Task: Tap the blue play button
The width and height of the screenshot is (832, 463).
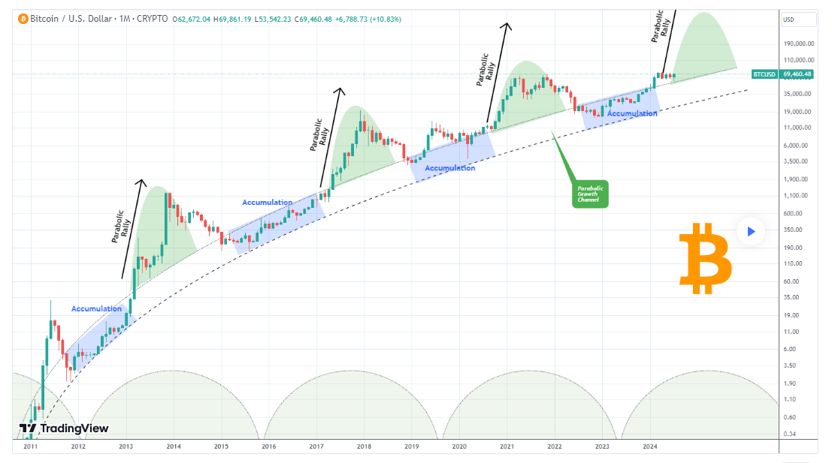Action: tap(750, 232)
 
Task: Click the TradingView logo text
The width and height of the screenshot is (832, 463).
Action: tap(65, 428)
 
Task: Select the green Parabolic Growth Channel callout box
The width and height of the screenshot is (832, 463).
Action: tap(590, 194)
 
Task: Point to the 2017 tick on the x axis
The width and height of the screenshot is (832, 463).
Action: tap(316, 446)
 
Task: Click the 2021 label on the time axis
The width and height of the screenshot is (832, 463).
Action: tap(507, 446)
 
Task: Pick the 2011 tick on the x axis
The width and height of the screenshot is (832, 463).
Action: tap(31, 446)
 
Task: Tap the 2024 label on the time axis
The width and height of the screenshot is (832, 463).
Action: tap(649, 446)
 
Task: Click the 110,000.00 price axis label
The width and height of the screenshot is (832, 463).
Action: tap(798, 60)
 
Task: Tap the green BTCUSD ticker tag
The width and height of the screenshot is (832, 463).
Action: tap(765, 74)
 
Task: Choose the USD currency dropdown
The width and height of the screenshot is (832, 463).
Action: tap(797, 20)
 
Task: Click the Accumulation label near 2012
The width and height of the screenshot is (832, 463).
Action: tap(96, 308)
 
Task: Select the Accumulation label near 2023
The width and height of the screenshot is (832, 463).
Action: tap(632, 113)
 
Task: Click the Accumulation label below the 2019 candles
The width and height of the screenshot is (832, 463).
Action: tap(449, 168)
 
